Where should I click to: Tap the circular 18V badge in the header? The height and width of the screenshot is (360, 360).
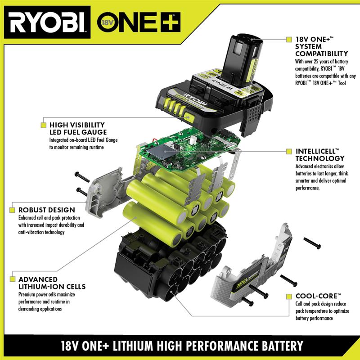tap(106, 22)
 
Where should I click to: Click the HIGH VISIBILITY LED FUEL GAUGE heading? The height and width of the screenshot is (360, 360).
tap(77, 128)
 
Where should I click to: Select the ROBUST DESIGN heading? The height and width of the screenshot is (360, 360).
tap(46, 210)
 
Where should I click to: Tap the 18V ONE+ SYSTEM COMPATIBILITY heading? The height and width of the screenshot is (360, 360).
tap(321, 47)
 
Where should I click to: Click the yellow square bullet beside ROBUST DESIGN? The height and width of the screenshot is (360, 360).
tap(12, 210)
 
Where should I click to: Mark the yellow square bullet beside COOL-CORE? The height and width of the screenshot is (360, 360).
tap(289, 296)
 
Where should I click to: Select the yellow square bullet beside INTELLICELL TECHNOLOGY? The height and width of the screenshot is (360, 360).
tap(289, 152)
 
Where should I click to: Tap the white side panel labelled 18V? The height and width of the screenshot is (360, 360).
tap(252, 274)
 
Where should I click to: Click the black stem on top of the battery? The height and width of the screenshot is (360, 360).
tap(243, 56)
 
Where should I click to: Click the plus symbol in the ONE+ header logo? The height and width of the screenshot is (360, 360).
tap(171, 22)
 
